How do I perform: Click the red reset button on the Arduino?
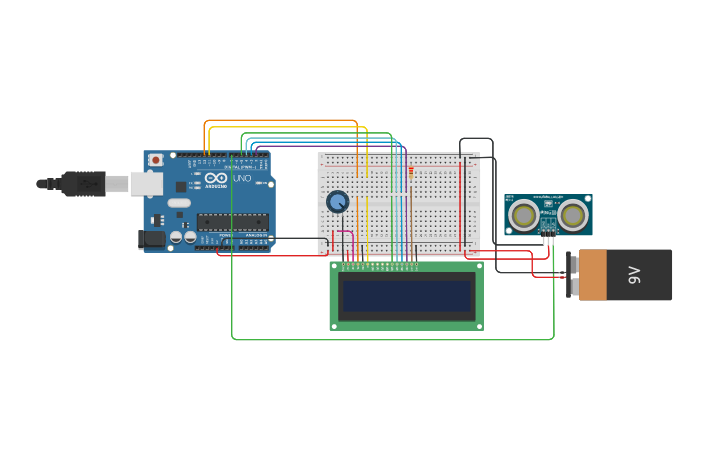pyautogui.click(x=155, y=160)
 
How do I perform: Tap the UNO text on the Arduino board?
pyautogui.click(x=242, y=178)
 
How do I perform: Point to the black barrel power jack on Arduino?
pyautogui.click(x=151, y=239)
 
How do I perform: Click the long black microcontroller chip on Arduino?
pyautogui.click(x=232, y=222)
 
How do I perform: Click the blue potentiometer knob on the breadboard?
pyautogui.click(x=338, y=202)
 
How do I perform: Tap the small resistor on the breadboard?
pyautogui.click(x=411, y=171)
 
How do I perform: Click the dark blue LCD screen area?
pyautogui.click(x=406, y=296)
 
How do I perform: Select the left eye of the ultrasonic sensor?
pyautogui.click(x=523, y=214)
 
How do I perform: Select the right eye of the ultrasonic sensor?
pyautogui.click(x=573, y=214)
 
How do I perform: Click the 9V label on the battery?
pyautogui.click(x=634, y=275)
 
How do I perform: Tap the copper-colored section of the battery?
pyautogui.click(x=592, y=275)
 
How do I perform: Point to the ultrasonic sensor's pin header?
pyautogui.click(x=548, y=240)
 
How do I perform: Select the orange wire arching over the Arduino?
pyautogui.click(x=280, y=121)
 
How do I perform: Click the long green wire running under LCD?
pyautogui.click(x=390, y=340)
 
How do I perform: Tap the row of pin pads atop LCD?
pyautogui.click(x=380, y=265)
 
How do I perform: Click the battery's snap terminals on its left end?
pyautogui.click(x=573, y=275)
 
